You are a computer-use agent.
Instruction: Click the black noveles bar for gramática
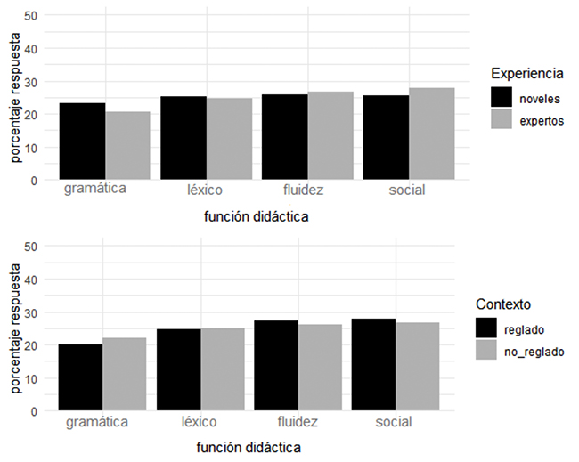[x=83, y=142]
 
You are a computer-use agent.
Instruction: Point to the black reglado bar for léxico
[x=178, y=370]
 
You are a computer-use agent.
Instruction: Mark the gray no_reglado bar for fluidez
[x=321, y=368]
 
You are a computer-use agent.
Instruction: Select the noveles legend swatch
[x=503, y=97]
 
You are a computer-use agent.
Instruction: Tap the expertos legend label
[x=543, y=121]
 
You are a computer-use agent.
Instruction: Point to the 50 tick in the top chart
[x=30, y=15]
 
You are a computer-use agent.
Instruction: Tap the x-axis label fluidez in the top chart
[x=306, y=190]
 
